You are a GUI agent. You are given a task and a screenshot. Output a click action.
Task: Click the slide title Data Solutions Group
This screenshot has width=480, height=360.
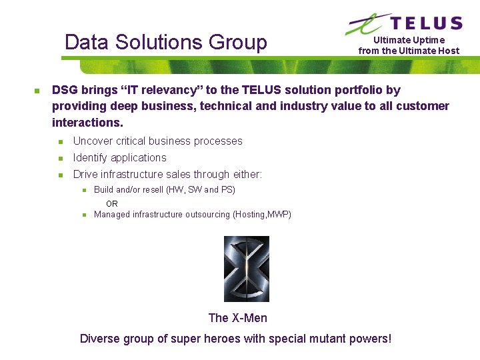point(165,43)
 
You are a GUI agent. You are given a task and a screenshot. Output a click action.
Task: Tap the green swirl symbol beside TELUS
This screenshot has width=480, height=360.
point(365,24)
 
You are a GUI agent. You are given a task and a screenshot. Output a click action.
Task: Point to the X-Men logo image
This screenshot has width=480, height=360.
point(246,269)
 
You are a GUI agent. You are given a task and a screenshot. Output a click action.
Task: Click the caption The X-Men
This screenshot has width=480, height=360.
point(237,318)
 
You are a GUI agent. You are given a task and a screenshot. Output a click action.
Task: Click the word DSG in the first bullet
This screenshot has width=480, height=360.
point(64,90)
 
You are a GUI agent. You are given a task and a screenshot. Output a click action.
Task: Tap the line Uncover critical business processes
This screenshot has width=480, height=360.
point(157,141)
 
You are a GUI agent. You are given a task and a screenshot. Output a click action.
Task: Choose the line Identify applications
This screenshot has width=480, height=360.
point(119,158)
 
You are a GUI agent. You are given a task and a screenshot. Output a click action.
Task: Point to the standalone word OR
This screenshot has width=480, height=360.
point(112,203)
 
